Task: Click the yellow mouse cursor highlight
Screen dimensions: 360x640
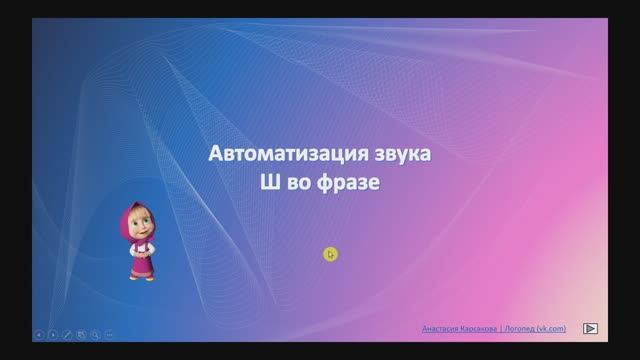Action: pos(330,254)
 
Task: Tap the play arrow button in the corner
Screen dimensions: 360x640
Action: pos(591,327)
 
